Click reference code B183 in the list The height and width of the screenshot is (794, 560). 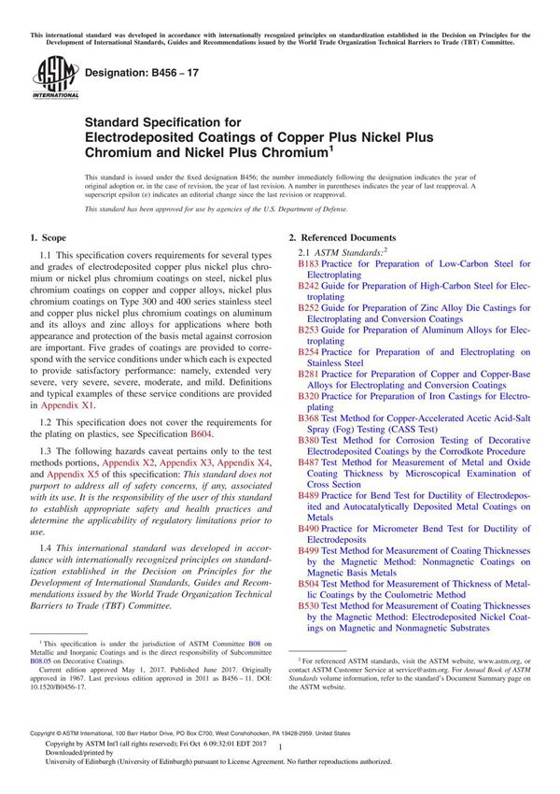(308, 264)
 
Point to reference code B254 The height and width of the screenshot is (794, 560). (308, 352)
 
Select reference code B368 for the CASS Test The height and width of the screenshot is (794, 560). (308, 418)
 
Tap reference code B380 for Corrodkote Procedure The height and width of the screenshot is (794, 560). (308, 438)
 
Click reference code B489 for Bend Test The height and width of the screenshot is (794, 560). (308, 494)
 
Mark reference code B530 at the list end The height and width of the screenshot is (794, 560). (308, 605)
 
